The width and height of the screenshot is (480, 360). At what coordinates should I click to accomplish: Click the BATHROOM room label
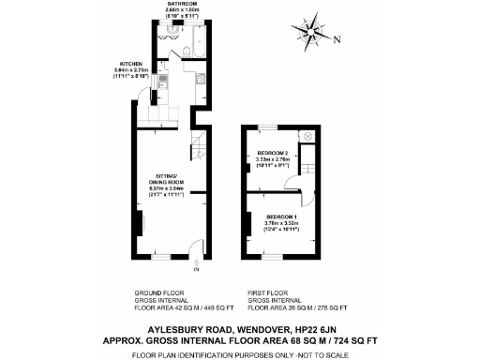coord(182,5)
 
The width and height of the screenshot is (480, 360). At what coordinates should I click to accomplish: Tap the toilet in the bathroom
coord(187,51)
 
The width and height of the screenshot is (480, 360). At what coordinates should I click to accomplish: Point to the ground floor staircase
coord(198,145)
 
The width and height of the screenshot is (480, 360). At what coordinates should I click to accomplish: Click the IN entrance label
coord(196,270)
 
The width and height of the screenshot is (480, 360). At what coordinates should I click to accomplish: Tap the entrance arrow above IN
coord(196,262)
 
